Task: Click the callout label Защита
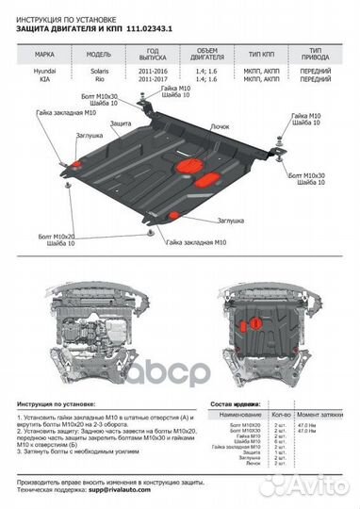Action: click(x=120, y=123)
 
